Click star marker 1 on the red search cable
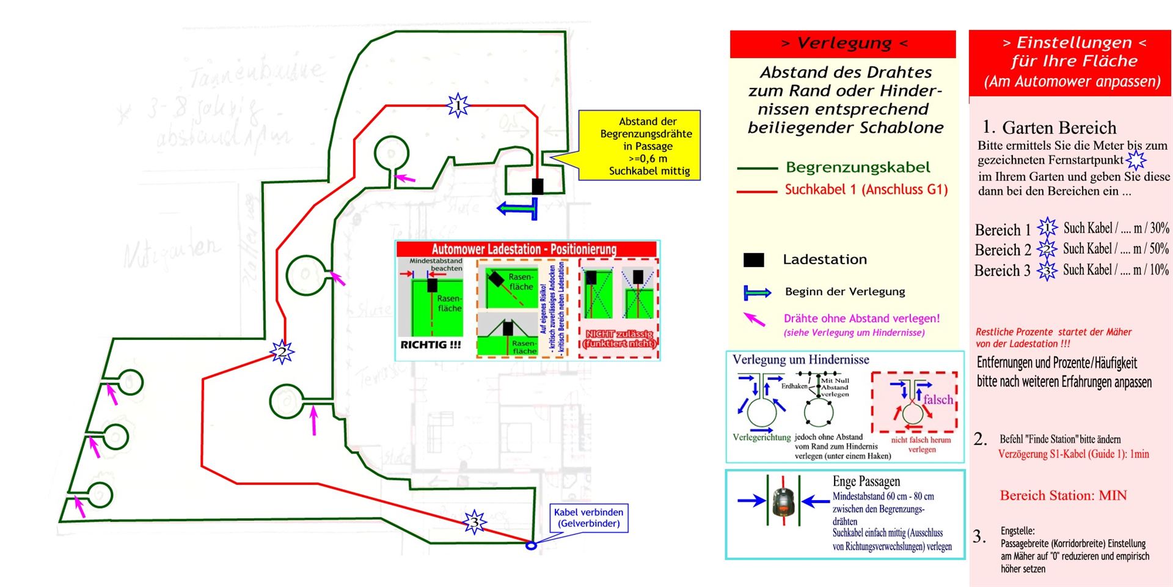[x=458, y=106]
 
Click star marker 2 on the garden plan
[x=282, y=352]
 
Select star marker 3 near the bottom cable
[x=475, y=522]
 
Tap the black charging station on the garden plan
[x=538, y=186]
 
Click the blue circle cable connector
[x=531, y=545]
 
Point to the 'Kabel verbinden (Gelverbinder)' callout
[x=589, y=518]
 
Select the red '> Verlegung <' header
[x=842, y=43]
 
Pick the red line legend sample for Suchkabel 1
[x=756, y=191]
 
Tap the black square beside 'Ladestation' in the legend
[x=753, y=260]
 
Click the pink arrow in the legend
[x=755, y=319]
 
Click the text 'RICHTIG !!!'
[x=430, y=345]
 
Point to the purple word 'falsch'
[x=938, y=399]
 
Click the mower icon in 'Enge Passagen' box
[x=783, y=501]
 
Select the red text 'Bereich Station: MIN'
[x=1063, y=495]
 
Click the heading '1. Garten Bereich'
[x=1049, y=127]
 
